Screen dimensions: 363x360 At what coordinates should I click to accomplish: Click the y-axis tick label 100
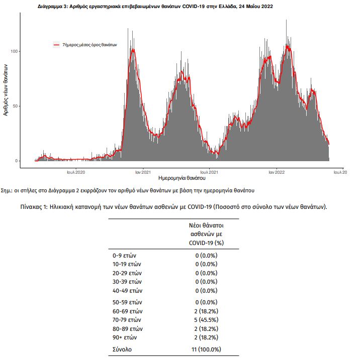point(15,51)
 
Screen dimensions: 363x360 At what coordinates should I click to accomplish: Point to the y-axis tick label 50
point(16,106)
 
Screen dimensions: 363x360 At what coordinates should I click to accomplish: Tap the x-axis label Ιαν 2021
point(143,172)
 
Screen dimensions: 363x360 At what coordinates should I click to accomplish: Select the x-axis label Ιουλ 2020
point(76,172)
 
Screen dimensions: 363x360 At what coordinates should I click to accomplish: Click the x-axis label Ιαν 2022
point(277,172)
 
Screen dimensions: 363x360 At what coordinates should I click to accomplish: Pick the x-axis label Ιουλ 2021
point(209,172)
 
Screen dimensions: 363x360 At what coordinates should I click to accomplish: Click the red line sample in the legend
point(56,45)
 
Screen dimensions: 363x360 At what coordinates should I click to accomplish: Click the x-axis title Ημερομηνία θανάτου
point(182,178)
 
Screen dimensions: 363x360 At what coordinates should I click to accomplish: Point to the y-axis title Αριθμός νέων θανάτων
point(6,90)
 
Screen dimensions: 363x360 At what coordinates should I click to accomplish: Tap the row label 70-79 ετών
point(127,320)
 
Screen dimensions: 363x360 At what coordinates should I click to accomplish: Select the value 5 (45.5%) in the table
point(206,320)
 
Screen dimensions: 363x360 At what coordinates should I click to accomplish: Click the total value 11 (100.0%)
point(206,349)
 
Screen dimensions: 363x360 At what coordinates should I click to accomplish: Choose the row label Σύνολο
point(122,349)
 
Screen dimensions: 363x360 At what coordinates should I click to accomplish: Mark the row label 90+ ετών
point(125,337)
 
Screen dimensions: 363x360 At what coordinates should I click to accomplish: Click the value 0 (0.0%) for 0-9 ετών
point(206,256)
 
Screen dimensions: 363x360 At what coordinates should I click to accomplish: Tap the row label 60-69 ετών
point(128,311)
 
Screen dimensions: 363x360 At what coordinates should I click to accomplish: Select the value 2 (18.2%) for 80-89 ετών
point(206,328)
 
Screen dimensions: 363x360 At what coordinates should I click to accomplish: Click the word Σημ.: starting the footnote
point(7,190)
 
